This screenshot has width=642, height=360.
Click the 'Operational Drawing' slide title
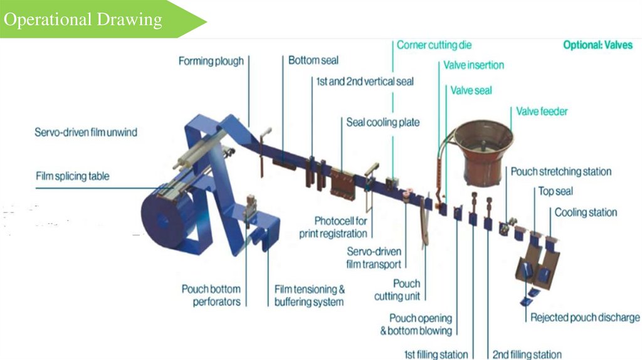coord(83,19)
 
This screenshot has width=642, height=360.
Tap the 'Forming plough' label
coord(211,61)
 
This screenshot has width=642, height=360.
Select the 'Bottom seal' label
coord(313,60)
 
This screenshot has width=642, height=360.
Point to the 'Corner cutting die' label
coord(434,45)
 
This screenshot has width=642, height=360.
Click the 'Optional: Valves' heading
coord(597,45)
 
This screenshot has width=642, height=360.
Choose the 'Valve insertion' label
coord(473,65)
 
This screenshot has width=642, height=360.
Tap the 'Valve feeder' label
coord(542,112)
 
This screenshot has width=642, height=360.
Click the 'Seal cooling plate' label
coord(382,122)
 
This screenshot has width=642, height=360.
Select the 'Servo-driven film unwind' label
coord(85,133)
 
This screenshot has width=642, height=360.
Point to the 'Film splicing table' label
coord(72,176)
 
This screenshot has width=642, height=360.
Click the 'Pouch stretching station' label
coord(560,171)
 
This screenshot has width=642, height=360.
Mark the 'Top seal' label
coord(555,191)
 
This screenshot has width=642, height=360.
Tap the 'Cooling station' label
coord(586,213)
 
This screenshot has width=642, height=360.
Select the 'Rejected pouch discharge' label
coord(585,317)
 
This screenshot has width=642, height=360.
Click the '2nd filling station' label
coord(527,354)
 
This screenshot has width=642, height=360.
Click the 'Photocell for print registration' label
coord(340,227)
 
